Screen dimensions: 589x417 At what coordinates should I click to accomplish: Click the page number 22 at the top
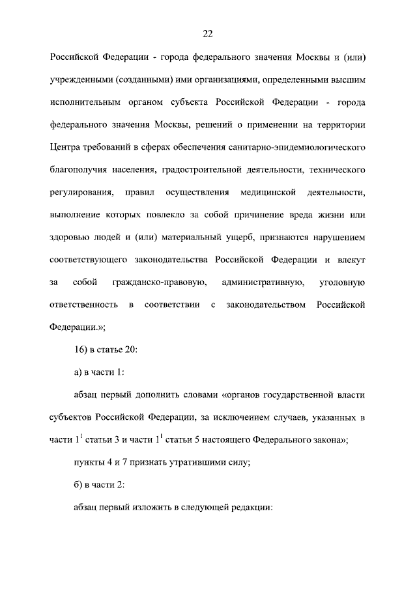(x=208, y=34)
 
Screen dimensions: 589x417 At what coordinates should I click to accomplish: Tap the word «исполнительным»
(x=84, y=102)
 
